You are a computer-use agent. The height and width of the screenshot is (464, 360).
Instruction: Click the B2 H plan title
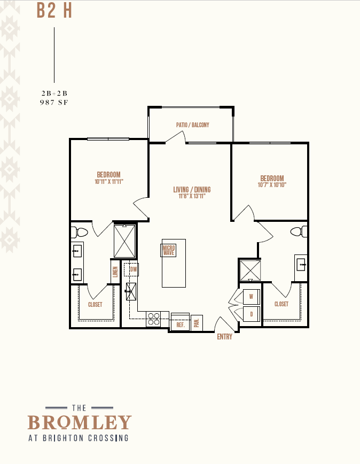(x=54, y=11)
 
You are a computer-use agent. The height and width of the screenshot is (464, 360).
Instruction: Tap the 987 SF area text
(x=54, y=103)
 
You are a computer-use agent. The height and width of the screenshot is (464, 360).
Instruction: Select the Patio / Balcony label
(x=193, y=125)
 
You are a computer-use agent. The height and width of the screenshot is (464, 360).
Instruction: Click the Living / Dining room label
(x=192, y=189)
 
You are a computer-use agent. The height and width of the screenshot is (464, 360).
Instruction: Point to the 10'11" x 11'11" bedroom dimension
(x=109, y=182)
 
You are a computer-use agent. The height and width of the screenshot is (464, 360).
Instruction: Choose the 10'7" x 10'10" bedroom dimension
(x=272, y=185)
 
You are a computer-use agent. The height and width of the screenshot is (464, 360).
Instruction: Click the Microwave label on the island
(x=169, y=250)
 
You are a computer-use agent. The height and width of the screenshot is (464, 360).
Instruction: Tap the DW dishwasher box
(x=131, y=269)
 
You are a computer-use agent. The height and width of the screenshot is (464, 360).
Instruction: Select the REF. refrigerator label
(x=181, y=325)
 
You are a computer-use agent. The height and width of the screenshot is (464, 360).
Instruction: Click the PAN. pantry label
(x=197, y=323)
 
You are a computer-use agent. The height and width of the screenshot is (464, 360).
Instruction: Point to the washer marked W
(x=251, y=297)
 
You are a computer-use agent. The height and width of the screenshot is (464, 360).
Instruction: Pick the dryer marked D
(x=251, y=314)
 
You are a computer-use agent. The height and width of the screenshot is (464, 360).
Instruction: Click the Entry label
(x=225, y=337)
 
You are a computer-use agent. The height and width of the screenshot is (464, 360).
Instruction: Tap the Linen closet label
(x=115, y=272)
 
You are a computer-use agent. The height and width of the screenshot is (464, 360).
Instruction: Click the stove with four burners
(x=153, y=319)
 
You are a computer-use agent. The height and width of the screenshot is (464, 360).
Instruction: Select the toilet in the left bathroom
(x=79, y=233)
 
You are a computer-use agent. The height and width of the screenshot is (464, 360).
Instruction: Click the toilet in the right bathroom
(x=299, y=231)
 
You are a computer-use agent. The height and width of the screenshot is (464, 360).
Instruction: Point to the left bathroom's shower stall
(x=125, y=241)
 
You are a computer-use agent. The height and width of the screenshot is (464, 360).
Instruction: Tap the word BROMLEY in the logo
(x=80, y=422)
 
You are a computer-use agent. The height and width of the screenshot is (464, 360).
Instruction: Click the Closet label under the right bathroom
(x=281, y=304)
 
